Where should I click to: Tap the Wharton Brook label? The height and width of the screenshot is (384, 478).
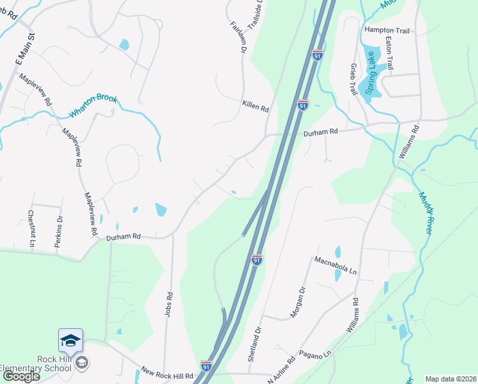[x=95, y=106]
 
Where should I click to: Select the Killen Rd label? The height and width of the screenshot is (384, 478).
[x=255, y=106]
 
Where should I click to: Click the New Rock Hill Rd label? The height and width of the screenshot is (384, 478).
[x=167, y=372]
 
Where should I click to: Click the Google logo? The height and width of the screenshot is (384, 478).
[x=20, y=376]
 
